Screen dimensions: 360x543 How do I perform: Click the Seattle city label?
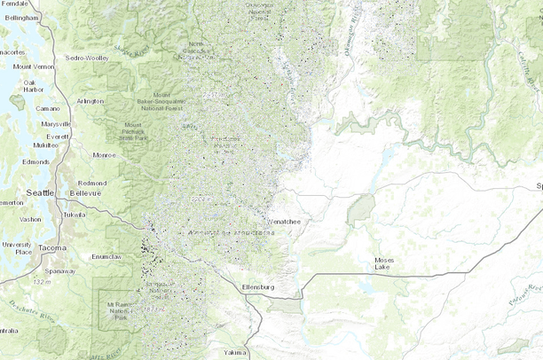click(x=40, y=192)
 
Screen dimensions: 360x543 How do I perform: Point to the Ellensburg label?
click(x=260, y=288)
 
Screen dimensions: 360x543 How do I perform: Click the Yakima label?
click(x=235, y=352)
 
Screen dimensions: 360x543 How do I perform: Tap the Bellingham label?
click(x=21, y=18)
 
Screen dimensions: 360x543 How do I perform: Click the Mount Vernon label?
click(x=33, y=67)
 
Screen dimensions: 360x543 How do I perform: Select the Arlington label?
click(x=89, y=101)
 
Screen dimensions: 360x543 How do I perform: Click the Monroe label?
click(x=106, y=155)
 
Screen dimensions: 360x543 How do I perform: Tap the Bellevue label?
click(x=86, y=192)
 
